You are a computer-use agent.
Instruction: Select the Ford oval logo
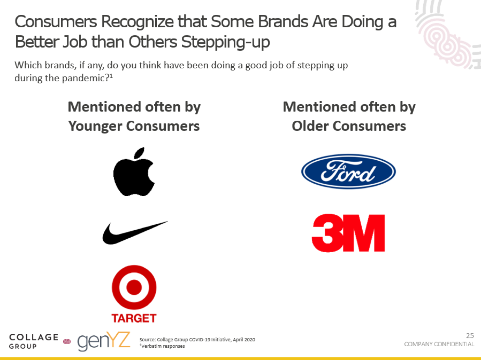[x=348, y=172]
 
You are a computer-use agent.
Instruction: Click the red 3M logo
[x=348, y=233]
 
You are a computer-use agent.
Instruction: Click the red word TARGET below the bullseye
[x=134, y=318]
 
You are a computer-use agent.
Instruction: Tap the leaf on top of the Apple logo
[x=139, y=152]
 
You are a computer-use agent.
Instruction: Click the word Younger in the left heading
[x=95, y=126]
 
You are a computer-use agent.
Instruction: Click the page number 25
[x=470, y=336]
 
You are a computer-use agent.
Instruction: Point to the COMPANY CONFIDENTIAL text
[x=439, y=344]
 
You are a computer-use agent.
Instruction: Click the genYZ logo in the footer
[x=104, y=341]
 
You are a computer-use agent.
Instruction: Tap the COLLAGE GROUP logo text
[x=34, y=341]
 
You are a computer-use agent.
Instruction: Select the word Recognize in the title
[x=137, y=22]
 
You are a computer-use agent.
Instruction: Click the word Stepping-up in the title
[x=225, y=42]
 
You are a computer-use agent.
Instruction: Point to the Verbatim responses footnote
[x=162, y=346]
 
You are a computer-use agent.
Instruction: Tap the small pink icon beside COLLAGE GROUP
[x=67, y=342]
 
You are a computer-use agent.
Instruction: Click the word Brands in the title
[x=283, y=22]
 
